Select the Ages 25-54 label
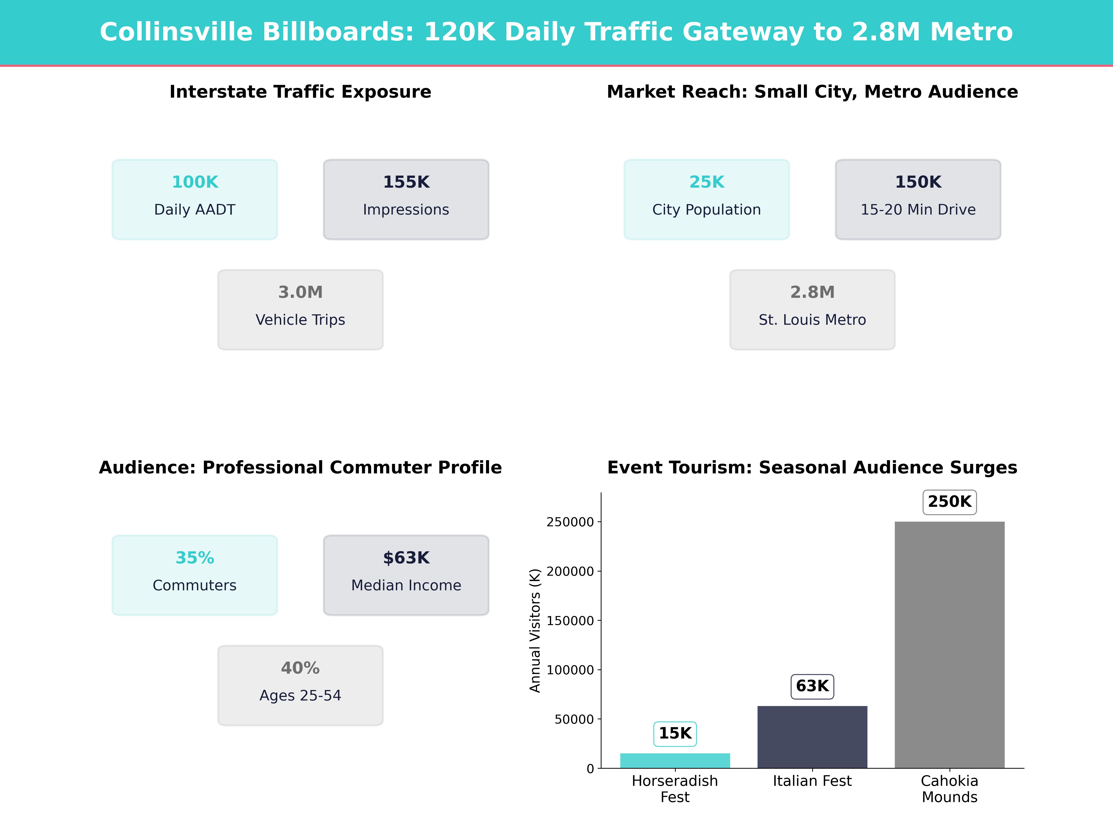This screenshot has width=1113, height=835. pos(300,696)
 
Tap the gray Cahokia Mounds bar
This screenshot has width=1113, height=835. pos(950,644)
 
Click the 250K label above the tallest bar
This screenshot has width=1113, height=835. pos(950,502)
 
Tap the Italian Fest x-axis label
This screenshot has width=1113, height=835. pos(812,781)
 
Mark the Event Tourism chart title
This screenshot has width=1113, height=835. pos(812,468)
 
